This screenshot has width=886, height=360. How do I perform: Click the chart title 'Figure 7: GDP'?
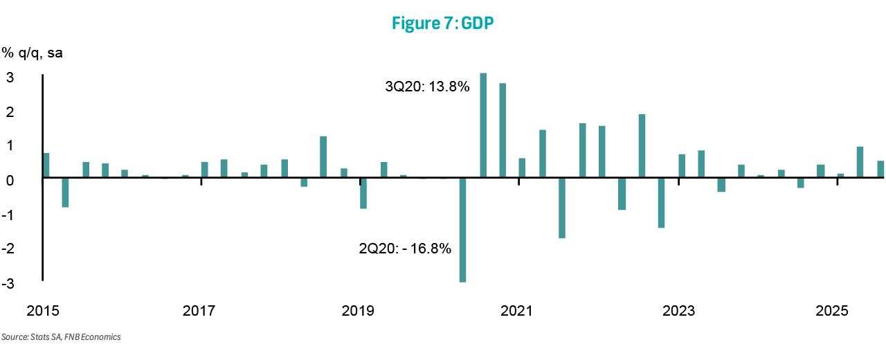point(442,23)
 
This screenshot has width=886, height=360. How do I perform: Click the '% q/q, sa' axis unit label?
point(32,53)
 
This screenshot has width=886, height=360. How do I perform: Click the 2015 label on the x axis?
point(42,311)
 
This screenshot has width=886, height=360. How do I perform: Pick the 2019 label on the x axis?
point(357,311)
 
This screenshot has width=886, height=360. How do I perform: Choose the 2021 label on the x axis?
point(516,311)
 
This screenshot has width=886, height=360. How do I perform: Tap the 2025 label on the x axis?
point(832,311)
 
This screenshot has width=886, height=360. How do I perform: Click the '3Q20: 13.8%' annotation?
point(427,87)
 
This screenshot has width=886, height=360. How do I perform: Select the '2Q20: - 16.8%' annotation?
point(405,249)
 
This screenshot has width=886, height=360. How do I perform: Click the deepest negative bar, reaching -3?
point(462,230)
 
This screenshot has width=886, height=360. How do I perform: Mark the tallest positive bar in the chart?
point(483,125)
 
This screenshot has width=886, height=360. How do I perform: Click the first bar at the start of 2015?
point(46,165)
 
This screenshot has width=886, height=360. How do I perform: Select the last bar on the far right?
point(880,170)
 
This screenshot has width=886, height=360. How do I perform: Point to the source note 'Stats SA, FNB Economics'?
point(61,337)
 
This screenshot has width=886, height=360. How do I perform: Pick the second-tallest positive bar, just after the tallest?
point(503,130)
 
